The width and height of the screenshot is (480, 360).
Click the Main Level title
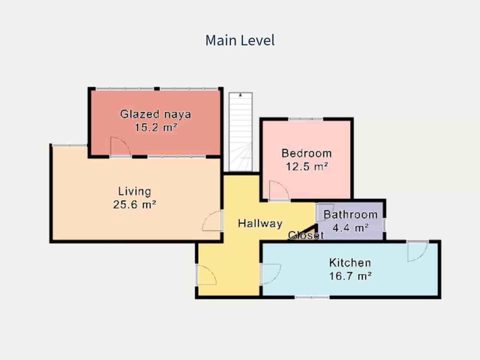pos(240,40)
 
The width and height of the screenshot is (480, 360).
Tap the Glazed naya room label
pos(156,114)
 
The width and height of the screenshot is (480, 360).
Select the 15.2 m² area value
pos(156,127)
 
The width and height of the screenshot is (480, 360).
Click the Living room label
pos(135,192)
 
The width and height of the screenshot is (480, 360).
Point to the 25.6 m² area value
pos(135,205)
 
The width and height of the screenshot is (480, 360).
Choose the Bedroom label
pos(307,153)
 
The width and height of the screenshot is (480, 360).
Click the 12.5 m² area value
pos(307,166)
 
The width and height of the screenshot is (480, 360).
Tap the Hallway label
pos(260,223)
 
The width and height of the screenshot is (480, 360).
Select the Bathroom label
pos(350,214)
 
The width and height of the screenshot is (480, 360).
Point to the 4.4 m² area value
pos(351,228)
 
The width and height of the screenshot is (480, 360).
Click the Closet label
pos(306,235)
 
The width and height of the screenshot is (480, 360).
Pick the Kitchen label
pos(350,263)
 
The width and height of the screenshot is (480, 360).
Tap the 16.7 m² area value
pos(350,276)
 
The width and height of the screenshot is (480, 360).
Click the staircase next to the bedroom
pos(240,132)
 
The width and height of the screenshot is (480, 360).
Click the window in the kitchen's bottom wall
pos(312,297)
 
